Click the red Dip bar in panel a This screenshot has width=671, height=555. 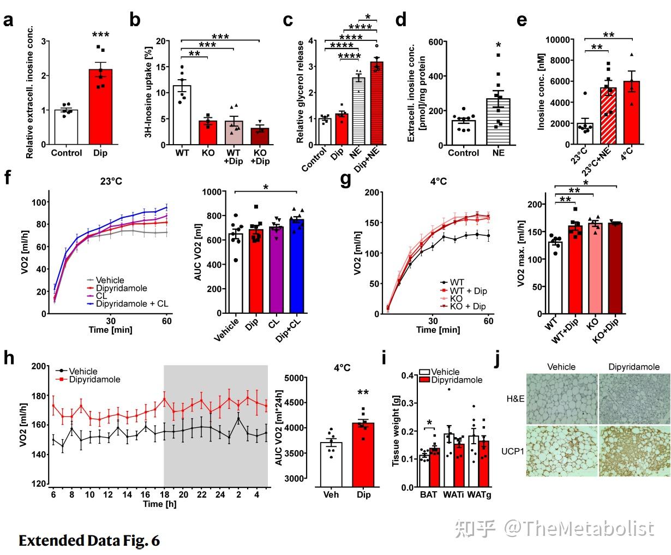click(x=100, y=106)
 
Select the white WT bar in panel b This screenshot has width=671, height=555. click(x=182, y=115)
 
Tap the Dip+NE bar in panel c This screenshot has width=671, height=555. click(x=377, y=103)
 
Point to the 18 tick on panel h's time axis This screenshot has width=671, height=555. click(x=164, y=494)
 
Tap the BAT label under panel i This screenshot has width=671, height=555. click(x=428, y=494)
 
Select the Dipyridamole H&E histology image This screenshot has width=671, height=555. click(x=634, y=398)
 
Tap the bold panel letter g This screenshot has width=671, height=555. click(x=345, y=180)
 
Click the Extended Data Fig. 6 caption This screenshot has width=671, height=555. click(x=89, y=541)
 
